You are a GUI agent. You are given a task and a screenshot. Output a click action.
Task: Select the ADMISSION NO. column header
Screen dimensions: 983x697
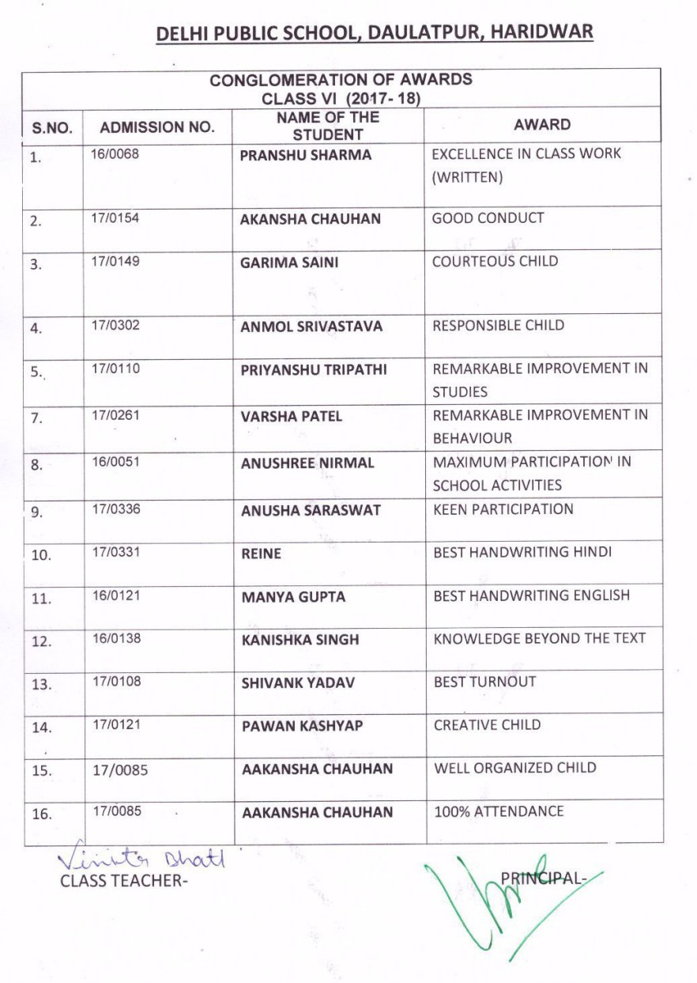tap(157, 127)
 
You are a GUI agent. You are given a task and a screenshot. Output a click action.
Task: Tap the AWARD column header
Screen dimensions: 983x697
tap(541, 124)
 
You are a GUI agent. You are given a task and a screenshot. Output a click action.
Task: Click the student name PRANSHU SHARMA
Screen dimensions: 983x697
tap(305, 155)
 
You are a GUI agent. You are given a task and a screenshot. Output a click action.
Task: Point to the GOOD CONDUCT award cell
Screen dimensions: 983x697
tap(488, 218)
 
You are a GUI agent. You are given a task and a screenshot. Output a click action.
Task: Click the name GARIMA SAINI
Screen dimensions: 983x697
tap(288, 263)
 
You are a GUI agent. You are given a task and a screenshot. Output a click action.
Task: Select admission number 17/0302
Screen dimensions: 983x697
tap(115, 324)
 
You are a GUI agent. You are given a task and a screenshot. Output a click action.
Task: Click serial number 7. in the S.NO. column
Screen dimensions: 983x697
tap(36, 418)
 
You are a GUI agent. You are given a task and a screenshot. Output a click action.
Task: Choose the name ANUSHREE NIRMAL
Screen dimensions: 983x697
tap(307, 463)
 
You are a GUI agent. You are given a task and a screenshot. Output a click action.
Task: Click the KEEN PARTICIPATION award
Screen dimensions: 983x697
tap(503, 509)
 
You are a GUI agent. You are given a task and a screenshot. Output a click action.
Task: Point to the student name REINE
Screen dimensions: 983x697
tap(261, 554)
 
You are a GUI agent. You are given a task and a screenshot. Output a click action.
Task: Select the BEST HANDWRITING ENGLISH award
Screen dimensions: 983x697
tap(531, 595)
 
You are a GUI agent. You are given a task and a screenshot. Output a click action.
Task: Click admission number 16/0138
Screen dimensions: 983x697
tap(116, 637)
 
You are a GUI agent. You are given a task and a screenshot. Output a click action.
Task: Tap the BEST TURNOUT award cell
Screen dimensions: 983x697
tap(484, 682)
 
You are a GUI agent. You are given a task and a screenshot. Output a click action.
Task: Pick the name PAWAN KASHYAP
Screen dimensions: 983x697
tap(302, 726)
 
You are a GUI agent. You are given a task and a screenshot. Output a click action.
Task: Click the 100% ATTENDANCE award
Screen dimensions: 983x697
tap(499, 811)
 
